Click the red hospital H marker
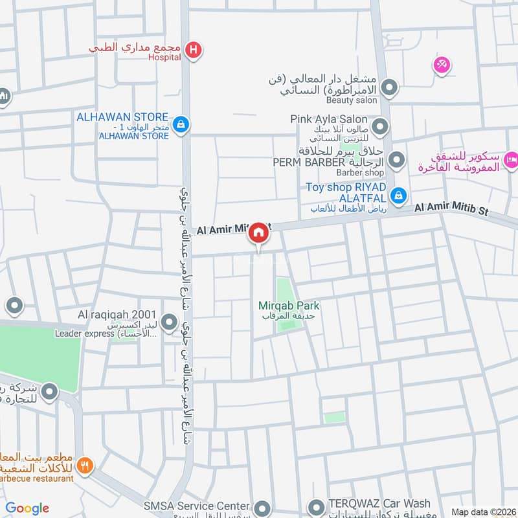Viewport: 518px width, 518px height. point(192,50)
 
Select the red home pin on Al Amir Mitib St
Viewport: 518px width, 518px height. point(259,233)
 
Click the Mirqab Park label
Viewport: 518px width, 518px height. point(289,306)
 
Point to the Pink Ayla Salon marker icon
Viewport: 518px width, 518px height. point(381,126)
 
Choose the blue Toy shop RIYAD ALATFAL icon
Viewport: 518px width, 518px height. point(400,194)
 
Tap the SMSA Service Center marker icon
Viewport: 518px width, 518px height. point(262,507)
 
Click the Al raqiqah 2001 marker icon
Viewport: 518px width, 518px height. point(170,321)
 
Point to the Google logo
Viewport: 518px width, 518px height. point(27,508)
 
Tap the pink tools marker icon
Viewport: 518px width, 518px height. point(442,65)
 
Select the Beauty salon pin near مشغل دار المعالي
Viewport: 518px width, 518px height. point(389,86)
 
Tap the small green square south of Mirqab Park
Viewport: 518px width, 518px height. point(335,418)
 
